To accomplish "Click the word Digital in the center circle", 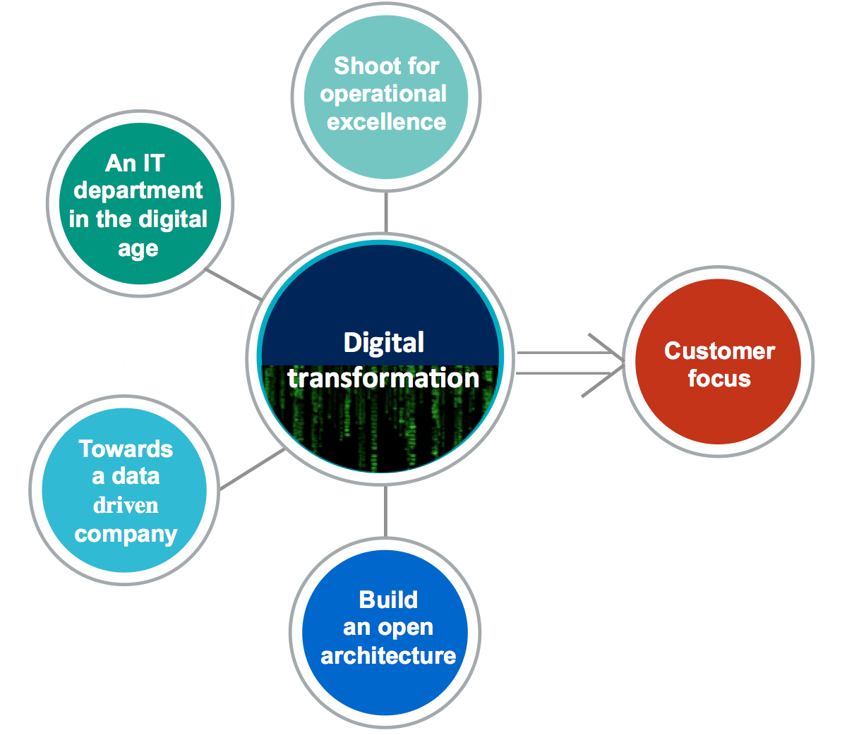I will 383,343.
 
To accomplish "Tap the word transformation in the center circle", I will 383,378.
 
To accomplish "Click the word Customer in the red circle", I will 719,351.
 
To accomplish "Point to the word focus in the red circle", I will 719,379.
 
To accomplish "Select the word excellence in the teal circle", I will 386,122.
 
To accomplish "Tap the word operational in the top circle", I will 383,94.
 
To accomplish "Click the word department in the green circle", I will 138,191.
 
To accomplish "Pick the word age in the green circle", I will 138,249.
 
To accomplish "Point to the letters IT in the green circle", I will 152,163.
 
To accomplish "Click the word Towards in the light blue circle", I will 126,449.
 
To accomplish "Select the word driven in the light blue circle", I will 126,506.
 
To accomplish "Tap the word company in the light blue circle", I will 126,534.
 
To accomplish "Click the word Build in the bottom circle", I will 388,600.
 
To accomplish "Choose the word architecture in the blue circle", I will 388,656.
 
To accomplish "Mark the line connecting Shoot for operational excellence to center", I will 386,212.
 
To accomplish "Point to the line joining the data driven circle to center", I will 251,470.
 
